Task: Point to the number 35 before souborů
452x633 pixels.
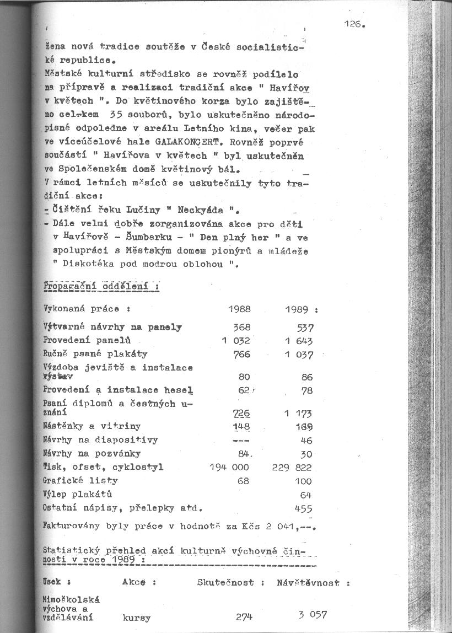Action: [116, 116]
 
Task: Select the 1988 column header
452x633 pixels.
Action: [239, 309]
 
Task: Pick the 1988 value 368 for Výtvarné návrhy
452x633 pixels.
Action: [242, 328]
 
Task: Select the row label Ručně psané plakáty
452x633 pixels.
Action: [95, 354]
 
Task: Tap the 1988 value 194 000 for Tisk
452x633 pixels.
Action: [229, 467]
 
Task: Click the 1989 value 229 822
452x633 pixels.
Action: [292, 468]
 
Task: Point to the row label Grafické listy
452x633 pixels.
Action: [80, 481]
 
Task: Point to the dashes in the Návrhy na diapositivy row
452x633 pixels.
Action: [241, 441]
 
